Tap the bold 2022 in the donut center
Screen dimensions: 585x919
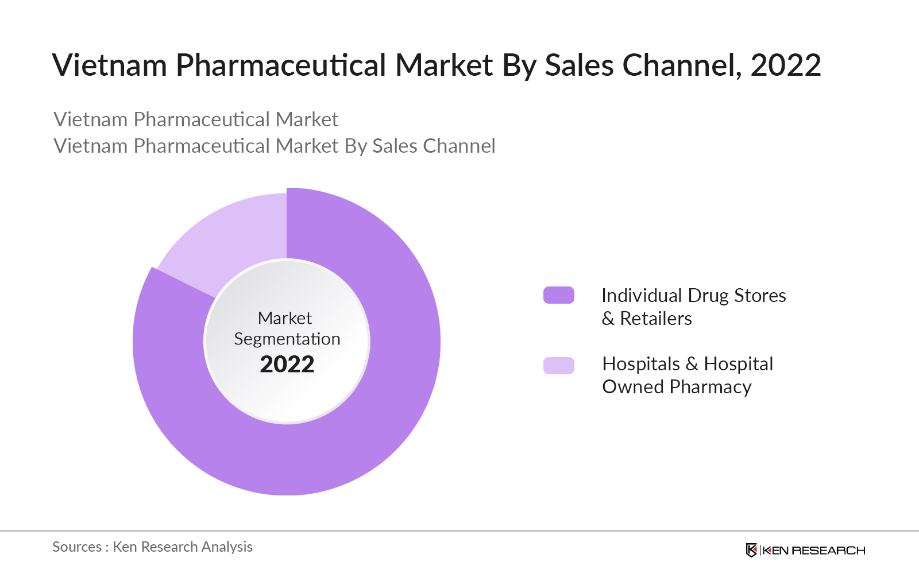287,364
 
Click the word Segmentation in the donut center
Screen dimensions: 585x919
287,339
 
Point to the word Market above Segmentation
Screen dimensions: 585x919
285,318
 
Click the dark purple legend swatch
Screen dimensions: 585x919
558,295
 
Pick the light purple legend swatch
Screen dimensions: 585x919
558,365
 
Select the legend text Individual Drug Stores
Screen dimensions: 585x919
693,295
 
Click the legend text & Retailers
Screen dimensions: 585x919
647,319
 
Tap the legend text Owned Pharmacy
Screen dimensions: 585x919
677,387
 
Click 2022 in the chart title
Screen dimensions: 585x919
785,65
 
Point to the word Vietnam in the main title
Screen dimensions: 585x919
110,65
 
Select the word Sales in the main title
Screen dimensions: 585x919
579,65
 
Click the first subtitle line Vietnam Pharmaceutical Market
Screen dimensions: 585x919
196,119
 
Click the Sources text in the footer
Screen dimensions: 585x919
77,547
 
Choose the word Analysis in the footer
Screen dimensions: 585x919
227,547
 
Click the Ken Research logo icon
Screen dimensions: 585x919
751,550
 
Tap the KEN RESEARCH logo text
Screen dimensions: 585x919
814,551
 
